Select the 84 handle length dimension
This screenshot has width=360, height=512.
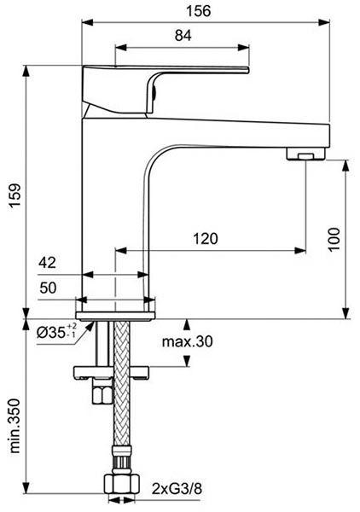tap(183, 35)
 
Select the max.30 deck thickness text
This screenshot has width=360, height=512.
tap(186, 343)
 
